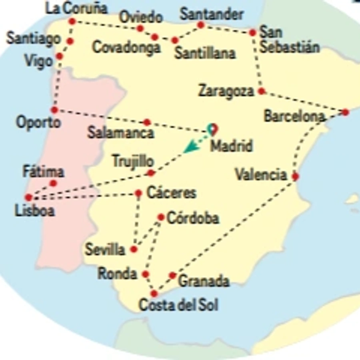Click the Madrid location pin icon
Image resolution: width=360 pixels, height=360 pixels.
213,129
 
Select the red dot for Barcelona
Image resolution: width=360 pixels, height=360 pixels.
345,112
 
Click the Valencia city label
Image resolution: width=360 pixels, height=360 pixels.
261,175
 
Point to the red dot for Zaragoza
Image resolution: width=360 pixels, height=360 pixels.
261,91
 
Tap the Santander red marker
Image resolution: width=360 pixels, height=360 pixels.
201,25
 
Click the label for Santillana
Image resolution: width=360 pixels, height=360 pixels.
205,53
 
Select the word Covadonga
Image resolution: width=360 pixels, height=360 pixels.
126,47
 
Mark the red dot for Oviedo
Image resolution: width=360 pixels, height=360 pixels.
140,28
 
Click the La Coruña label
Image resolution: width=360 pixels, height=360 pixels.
77,8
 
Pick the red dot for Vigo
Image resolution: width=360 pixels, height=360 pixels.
60,56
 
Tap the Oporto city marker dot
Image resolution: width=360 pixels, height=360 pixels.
54,110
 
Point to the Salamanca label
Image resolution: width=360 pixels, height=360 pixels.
120,133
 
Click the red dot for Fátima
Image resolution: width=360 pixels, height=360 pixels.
53,183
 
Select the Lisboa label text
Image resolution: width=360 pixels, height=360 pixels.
34,210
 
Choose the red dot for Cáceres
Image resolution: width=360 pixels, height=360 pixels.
138,194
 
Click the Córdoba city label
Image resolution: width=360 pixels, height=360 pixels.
193,218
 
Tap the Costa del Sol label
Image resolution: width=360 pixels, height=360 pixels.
178,305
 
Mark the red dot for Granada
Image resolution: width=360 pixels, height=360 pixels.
172,275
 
